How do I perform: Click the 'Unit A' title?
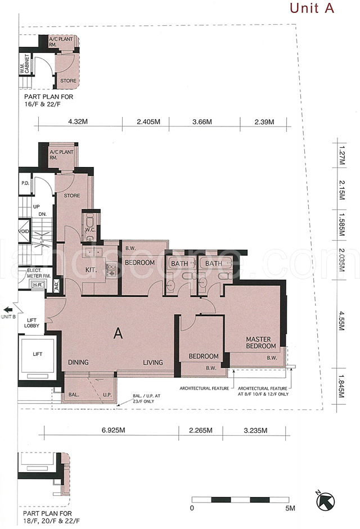pyautogui.click(x=312, y=8)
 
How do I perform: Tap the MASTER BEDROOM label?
pyautogui.click(x=260, y=342)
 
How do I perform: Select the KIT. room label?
pyautogui.click(x=91, y=270)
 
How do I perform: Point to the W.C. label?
pyautogui.click(x=90, y=230)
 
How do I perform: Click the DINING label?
pyautogui.click(x=78, y=363)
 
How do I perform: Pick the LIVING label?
pyautogui.click(x=152, y=363)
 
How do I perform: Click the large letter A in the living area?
pyautogui.click(x=118, y=333)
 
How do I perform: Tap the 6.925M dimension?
pyautogui.click(x=114, y=430)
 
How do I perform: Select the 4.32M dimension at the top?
pyautogui.click(x=78, y=121)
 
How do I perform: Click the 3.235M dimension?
pyautogui.click(x=255, y=430)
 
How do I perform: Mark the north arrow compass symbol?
pyautogui.click(x=325, y=499)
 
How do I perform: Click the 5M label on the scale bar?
pyautogui.click(x=290, y=508)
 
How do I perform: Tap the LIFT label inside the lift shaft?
pyautogui.click(x=38, y=354)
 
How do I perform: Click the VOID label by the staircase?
pyautogui.click(x=24, y=232)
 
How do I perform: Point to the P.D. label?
pyautogui.click(x=25, y=183)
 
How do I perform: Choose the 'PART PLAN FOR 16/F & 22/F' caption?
pyautogui.click(x=48, y=100)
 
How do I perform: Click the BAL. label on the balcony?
pyautogui.click(x=74, y=395)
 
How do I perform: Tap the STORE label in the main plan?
pyautogui.click(x=72, y=195)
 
